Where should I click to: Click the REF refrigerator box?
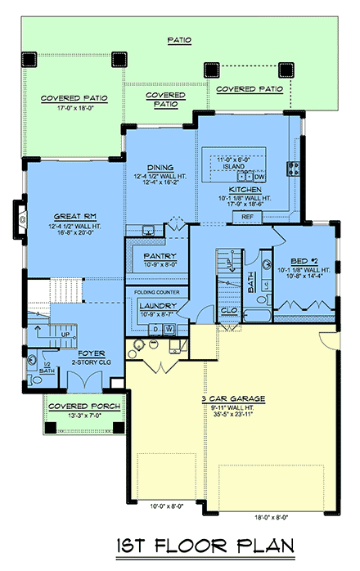(x=245, y=217)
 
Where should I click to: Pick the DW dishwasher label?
(x=259, y=177)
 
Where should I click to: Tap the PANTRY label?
(x=155, y=255)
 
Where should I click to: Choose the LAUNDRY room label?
(x=155, y=303)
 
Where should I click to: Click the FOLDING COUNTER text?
(x=155, y=290)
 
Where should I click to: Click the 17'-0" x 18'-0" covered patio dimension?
(x=70, y=106)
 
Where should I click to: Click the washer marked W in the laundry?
(x=169, y=328)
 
